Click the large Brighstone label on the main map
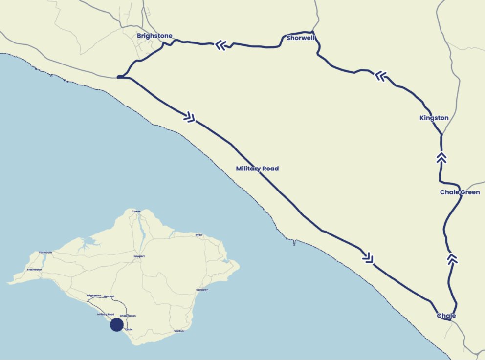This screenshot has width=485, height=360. click(154, 36)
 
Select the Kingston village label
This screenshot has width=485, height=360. click(434, 118)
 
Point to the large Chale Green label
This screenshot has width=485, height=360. click(460, 192)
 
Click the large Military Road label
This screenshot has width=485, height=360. click(257, 169)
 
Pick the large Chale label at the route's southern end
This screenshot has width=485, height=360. click(446, 316)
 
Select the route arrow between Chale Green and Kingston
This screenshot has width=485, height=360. click(441, 157)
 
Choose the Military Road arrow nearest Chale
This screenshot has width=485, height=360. click(368, 257)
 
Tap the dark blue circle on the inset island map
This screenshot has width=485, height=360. click(116, 325)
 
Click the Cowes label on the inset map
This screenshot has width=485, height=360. click(136, 211)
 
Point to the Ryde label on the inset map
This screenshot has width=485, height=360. click(198, 235)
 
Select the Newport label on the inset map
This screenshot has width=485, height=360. click(139, 256)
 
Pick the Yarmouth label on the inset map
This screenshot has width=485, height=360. click(45, 252)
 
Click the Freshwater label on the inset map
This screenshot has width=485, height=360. click(34, 270)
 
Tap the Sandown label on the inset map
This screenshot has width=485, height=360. click(202, 290)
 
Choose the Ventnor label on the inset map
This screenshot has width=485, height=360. click(181, 332)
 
